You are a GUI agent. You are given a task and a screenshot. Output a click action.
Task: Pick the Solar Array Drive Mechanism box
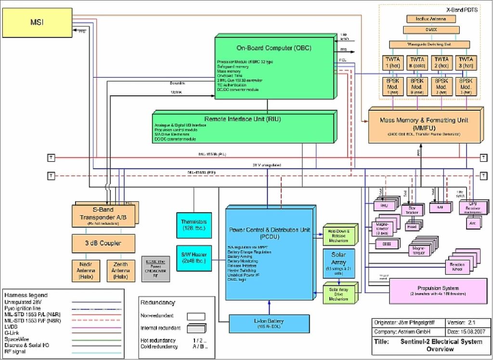tap(339, 293)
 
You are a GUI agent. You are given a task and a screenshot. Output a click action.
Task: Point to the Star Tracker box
tap(412, 210)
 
